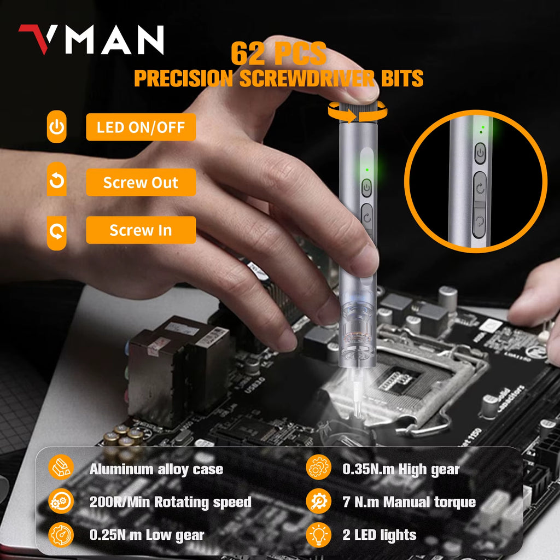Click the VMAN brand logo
point(91,39)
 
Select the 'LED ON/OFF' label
point(141,128)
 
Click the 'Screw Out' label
point(141,183)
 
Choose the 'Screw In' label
point(141,230)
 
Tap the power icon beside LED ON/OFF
point(57,128)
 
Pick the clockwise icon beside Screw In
point(57,231)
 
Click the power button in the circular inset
point(480,154)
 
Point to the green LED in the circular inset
point(482,130)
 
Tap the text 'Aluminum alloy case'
point(156,469)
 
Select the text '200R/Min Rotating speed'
point(170,502)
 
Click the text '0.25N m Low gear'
point(147,535)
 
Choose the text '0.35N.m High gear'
point(401,469)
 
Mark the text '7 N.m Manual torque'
point(409,502)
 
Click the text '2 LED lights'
point(380,535)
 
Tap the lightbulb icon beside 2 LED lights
point(318,535)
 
